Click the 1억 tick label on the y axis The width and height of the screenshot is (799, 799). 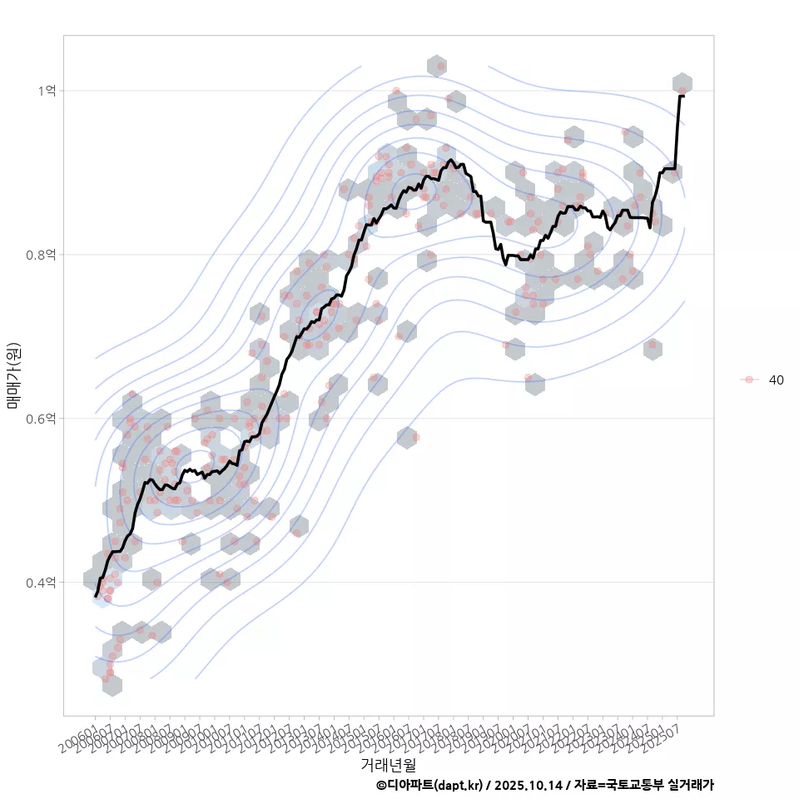click(x=47, y=91)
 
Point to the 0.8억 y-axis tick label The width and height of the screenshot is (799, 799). click(x=42, y=255)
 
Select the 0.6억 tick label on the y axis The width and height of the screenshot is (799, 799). click(x=42, y=419)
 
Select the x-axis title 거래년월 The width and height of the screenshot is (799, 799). click(x=388, y=764)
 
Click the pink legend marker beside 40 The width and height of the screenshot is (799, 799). click(x=749, y=380)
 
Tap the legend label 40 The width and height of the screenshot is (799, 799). click(x=776, y=380)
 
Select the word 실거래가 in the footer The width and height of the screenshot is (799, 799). click(x=691, y=785)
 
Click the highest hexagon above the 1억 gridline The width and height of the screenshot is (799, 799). click(x=437, y=66)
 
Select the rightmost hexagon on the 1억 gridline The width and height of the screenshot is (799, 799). click(x=682, y=84)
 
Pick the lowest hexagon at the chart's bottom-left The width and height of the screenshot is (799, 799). click(x=112, y=685)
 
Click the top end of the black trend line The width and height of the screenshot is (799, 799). click(x=682, y=97)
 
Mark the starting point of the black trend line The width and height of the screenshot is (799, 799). click(x=97, y=596)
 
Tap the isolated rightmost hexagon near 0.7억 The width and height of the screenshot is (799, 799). click(x=653, y=350)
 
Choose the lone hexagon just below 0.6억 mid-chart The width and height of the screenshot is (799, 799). click(x=407, y=438)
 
